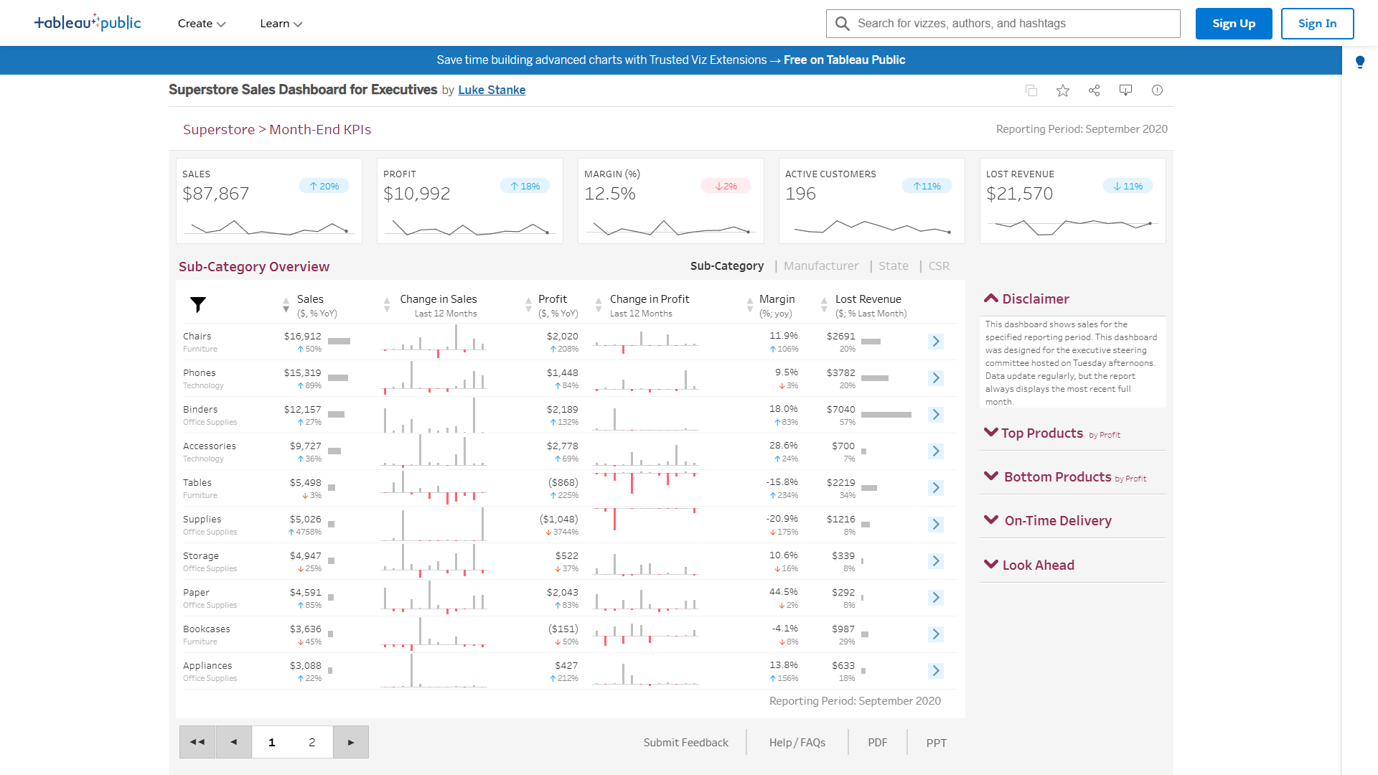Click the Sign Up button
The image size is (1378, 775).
tap(1233, 24)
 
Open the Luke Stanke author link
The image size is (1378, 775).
tap(492, 90)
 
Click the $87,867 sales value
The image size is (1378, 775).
tap(216, 194)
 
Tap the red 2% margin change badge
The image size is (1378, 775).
tap(726, 187)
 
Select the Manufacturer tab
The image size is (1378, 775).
tap(820, 266)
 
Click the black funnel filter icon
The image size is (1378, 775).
tap(198, 305)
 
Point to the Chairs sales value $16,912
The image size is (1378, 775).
tap(302, 337)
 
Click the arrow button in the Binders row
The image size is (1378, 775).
tap(935, 415)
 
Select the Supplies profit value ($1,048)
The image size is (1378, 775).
tap(558, 520)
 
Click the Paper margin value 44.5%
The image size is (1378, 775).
tap(783, 593)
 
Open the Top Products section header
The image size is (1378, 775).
tap(1041, 433)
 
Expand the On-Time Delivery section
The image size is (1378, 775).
tap(1057, 521)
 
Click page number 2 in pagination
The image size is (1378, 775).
tap(311, 743)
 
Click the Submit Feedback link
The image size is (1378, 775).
tap(685, 743)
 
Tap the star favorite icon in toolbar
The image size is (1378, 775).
tap(1063, 90)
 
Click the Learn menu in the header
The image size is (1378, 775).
tap(281, 24)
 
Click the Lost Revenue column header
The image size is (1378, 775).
tap(868, 299)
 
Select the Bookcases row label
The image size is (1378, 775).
tap(207, 629)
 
